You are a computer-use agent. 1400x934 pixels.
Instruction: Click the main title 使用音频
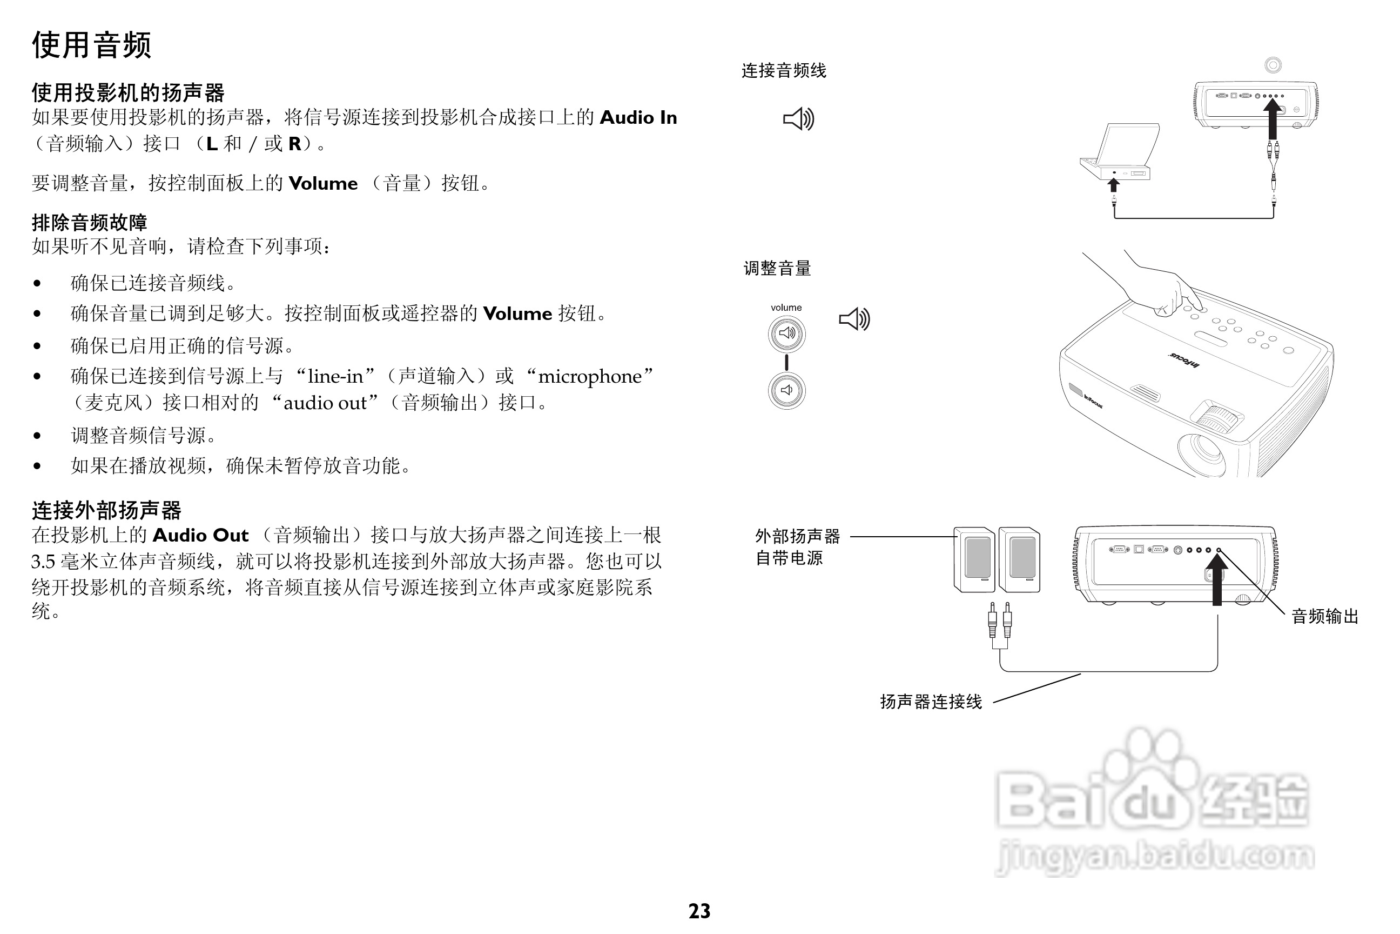[92, 45]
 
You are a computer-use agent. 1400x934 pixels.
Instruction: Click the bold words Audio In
[638, 117]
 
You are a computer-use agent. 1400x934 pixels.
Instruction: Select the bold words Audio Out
[200, 535]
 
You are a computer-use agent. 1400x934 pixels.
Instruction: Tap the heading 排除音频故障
[89, 222]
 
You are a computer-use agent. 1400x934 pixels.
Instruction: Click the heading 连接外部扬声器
[106, 510]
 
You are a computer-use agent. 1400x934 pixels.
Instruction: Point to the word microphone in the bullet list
[589, 376]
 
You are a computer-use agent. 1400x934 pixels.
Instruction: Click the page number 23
[699, 911]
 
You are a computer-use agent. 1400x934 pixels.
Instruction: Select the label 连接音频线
[783, 71]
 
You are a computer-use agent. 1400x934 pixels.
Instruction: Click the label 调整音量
[777, 269]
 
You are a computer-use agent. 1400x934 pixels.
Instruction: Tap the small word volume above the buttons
[786, 308]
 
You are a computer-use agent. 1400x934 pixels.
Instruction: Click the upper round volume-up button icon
[786, 333]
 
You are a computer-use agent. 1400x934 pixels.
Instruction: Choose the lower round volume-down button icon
[786, 391]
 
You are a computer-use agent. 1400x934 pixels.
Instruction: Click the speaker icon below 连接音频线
[798, 119]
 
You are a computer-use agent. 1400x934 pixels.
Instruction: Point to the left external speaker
[974, 559]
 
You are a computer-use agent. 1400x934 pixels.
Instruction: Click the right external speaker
[1019, 559]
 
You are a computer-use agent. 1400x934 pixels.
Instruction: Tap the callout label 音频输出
[1325, 617]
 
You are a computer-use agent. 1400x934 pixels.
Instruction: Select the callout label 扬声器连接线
[931, 702]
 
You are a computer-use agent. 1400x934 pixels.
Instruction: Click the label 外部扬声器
[797, 536]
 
